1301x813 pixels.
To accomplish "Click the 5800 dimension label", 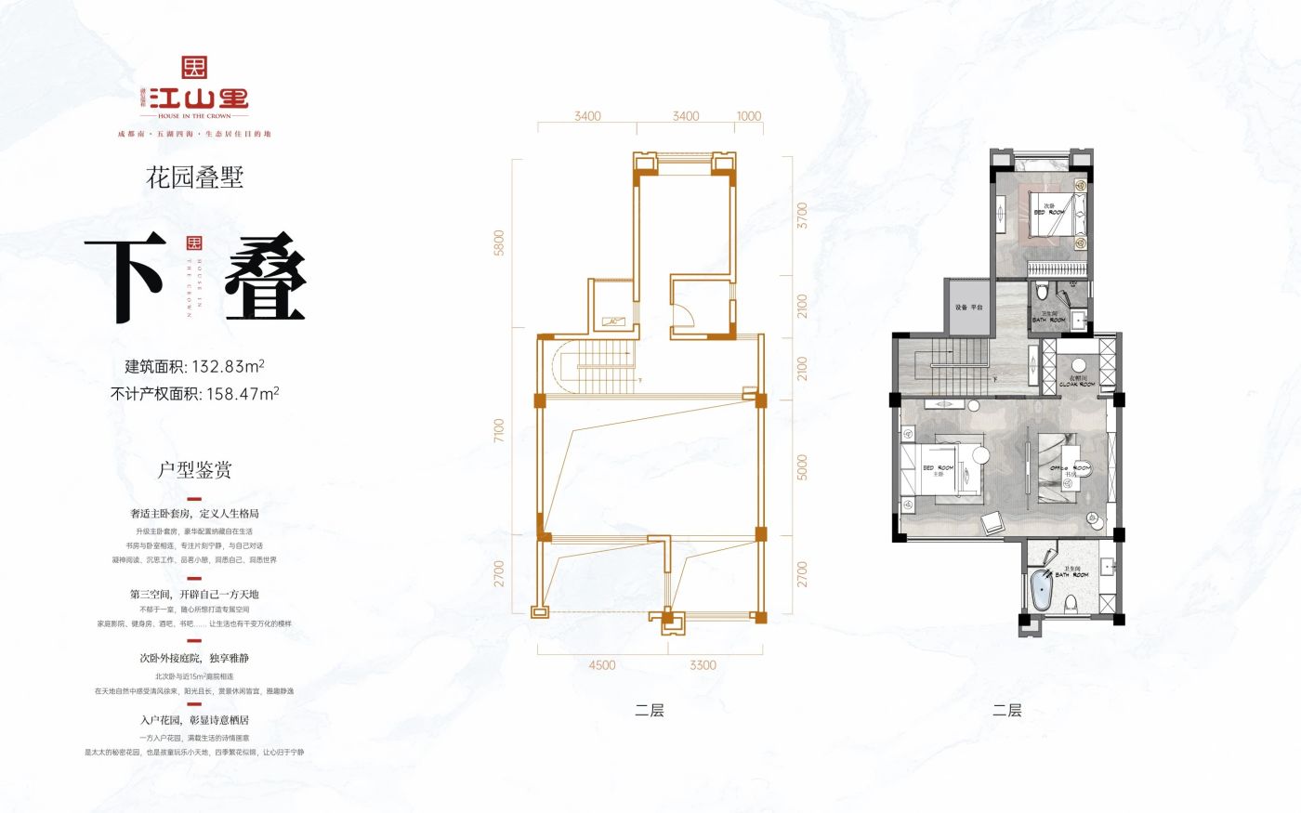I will (499, 243).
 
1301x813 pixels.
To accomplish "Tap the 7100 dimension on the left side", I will (499, 431).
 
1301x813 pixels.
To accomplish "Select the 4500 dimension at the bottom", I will (601, 665).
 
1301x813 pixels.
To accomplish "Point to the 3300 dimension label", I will (703, 665).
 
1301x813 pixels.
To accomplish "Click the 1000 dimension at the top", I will (748, 116).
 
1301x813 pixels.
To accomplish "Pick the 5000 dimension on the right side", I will (802, 467).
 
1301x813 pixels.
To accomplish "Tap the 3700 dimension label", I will (802, 216).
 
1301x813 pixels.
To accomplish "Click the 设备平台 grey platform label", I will (967, 308).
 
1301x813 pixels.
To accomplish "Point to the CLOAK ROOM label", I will (1078, 382).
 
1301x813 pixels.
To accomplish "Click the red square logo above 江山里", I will (194, 68).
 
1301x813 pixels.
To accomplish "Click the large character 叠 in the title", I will (265, 279).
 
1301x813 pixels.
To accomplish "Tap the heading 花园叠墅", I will (194, 177).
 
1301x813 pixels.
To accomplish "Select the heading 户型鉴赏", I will (194, 470).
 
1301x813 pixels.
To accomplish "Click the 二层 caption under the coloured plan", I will (1006, 711).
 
